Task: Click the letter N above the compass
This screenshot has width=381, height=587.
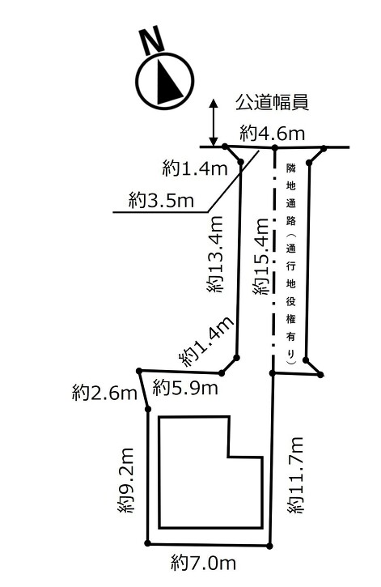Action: (152, 40)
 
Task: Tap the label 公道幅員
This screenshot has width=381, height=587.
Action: (272, 102)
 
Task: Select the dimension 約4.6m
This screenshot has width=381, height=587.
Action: (272, 133)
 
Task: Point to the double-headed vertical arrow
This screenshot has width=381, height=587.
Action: (214, 122)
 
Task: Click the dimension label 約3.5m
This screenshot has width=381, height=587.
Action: (162, 200)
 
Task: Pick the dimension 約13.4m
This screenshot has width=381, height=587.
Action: (215, 253)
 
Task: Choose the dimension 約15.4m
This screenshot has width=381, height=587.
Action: (260, 257)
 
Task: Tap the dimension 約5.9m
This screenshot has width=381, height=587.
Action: (185, 388)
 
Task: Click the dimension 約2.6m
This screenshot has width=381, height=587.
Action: (104, 393)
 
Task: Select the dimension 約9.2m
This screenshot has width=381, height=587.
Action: (125, 480)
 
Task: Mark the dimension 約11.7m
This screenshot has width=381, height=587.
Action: (296, 475)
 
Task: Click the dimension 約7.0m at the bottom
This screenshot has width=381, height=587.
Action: (204, 562)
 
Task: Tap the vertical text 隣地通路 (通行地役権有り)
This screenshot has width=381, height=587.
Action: (291, 264)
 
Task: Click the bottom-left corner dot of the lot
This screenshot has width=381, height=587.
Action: (148, 542)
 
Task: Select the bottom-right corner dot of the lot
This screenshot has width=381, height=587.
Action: (269, 546)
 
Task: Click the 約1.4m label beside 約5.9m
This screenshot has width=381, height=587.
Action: (207, 341)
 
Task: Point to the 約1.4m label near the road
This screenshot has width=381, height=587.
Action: (195, 168)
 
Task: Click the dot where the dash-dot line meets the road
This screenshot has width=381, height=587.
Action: (274, 147)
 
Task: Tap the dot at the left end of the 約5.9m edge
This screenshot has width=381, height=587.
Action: (139, 371)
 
